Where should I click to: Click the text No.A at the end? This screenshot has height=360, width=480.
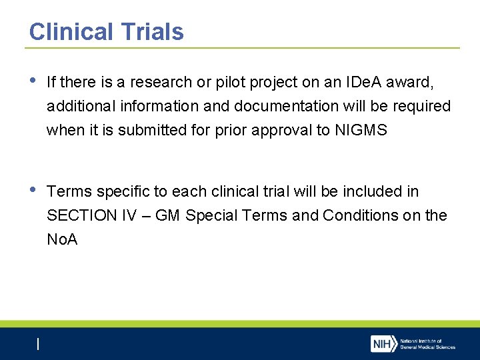click(x=62, y=239)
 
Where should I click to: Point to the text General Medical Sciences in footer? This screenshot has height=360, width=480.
click(x=428, y=347)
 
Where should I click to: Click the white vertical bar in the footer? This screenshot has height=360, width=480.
click(x=38, y=344)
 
